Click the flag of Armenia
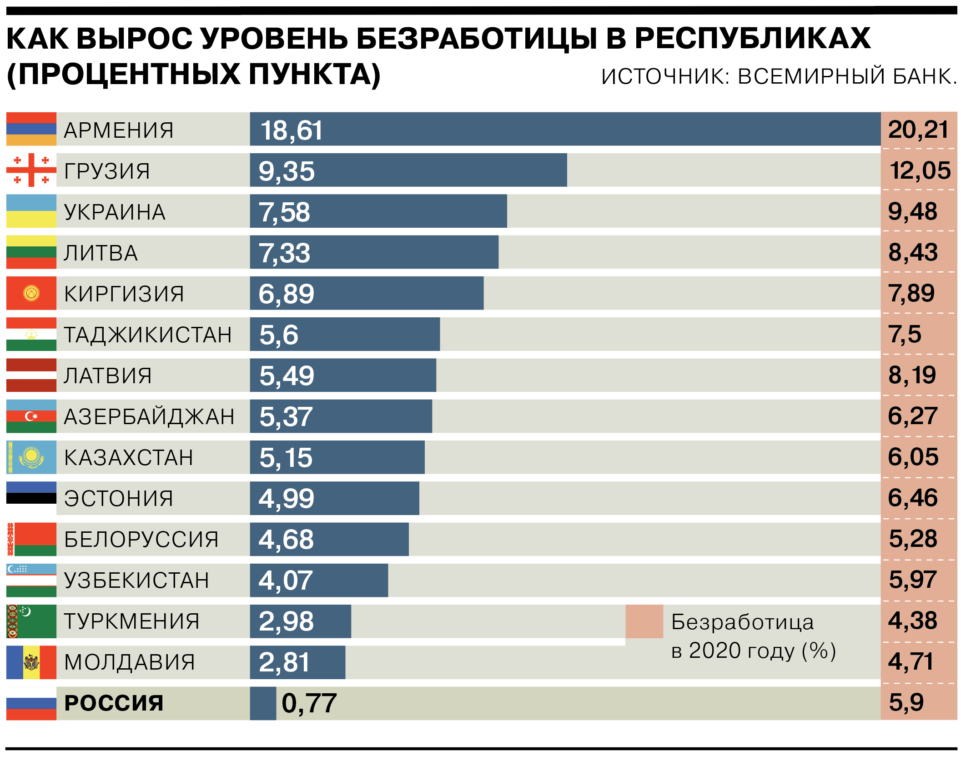point(31,129)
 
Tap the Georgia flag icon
point(31,170)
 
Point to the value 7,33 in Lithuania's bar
point(284,253)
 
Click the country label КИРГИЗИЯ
point(124,294)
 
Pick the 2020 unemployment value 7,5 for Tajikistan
point(905,334)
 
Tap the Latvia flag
point(31,375)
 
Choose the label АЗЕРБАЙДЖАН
point(149,416)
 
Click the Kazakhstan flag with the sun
point(31,457)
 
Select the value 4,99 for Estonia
point(286,498)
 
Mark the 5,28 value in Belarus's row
point(913,539)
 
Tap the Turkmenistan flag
point(31,621)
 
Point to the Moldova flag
point(31,662)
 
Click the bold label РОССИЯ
point(114,703)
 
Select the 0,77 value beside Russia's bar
point(309,703)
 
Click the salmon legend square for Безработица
point(644,621)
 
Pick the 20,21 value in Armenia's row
point(918,130)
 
